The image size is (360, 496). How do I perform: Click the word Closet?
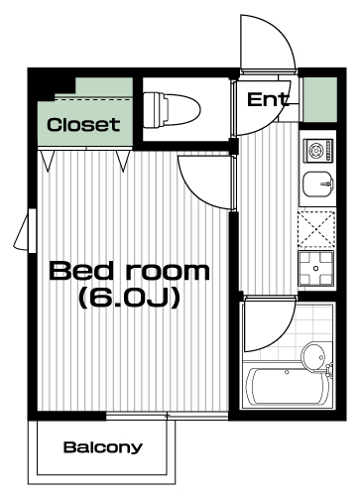point(83,125)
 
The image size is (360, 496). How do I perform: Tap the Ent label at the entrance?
point(268,99)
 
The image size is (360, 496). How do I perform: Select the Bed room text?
point(129,271)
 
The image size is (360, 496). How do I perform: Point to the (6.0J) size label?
point(129,298)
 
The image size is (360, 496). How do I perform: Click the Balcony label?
point(103,447)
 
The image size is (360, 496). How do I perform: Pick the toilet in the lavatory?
point(172,110)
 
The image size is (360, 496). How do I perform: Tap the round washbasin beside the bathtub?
point(313,356)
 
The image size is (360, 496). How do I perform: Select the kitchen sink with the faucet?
point(318,184)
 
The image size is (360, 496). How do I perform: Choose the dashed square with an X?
point(316,229)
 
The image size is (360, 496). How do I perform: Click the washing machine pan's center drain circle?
point(315,268)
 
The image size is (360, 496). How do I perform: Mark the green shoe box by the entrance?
point(320,99)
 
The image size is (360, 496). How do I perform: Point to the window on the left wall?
point(27,230)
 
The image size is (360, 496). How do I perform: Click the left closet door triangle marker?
point(47,161)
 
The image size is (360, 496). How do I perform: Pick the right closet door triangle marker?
point(123,161)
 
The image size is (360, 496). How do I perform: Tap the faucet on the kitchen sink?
point(328,183)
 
